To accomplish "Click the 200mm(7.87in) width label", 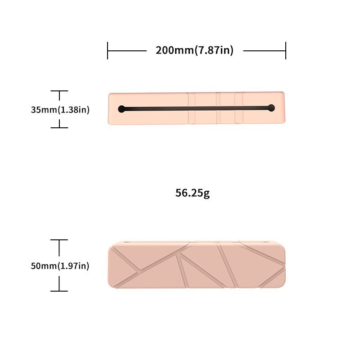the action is [194, 50].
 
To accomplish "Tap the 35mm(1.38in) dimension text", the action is [60, 110].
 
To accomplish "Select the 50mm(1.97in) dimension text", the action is [60, 266].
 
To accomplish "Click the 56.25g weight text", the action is [193, 193].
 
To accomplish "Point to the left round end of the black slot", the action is [121, 109].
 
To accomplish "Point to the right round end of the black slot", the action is [271, 108].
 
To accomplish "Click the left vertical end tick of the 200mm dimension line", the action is [108, 50].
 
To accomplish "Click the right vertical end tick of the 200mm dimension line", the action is [286, 50].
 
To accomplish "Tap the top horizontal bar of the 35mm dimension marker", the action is [59, 91].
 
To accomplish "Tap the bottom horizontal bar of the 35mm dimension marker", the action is [59, 128].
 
